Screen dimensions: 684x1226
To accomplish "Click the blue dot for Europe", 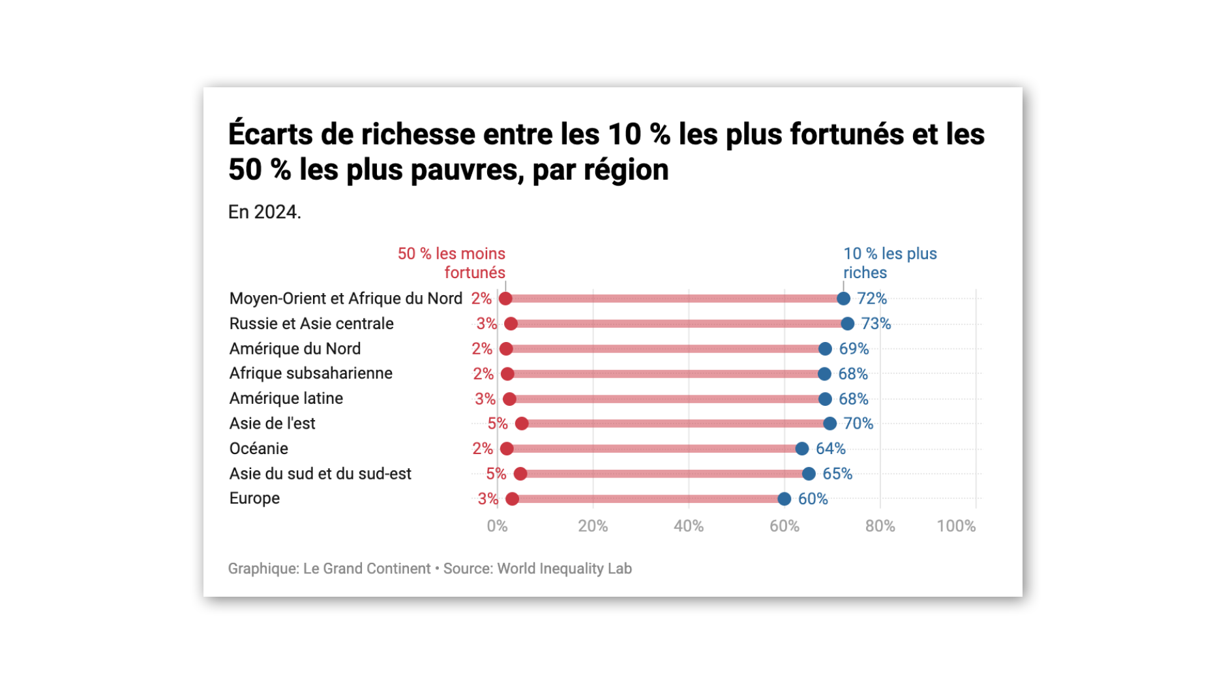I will (784, 499).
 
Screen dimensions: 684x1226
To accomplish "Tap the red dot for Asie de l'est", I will (522, 424).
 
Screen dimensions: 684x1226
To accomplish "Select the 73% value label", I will (875, 324).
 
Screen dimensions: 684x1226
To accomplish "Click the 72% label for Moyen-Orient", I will (871, 298).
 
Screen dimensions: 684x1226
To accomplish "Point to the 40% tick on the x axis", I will (688, 526).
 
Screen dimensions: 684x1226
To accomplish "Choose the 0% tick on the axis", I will (497, 526).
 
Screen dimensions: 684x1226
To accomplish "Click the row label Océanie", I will (258, 449).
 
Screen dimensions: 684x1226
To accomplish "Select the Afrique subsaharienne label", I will (310, 373).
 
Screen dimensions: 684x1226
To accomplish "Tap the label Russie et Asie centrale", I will (311, 324).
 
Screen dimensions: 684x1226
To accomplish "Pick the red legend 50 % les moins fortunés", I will (452, 263).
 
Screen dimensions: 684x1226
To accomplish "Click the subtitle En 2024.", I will (264, 212).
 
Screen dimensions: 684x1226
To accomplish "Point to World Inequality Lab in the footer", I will (564, 569).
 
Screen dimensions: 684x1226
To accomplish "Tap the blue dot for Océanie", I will (801, 449).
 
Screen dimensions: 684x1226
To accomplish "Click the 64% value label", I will (830, 449).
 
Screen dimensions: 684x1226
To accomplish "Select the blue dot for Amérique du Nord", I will (825, 349).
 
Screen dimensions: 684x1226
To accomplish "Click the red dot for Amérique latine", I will (509, 399).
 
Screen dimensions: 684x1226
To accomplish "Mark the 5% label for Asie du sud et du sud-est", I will (496, 474).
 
